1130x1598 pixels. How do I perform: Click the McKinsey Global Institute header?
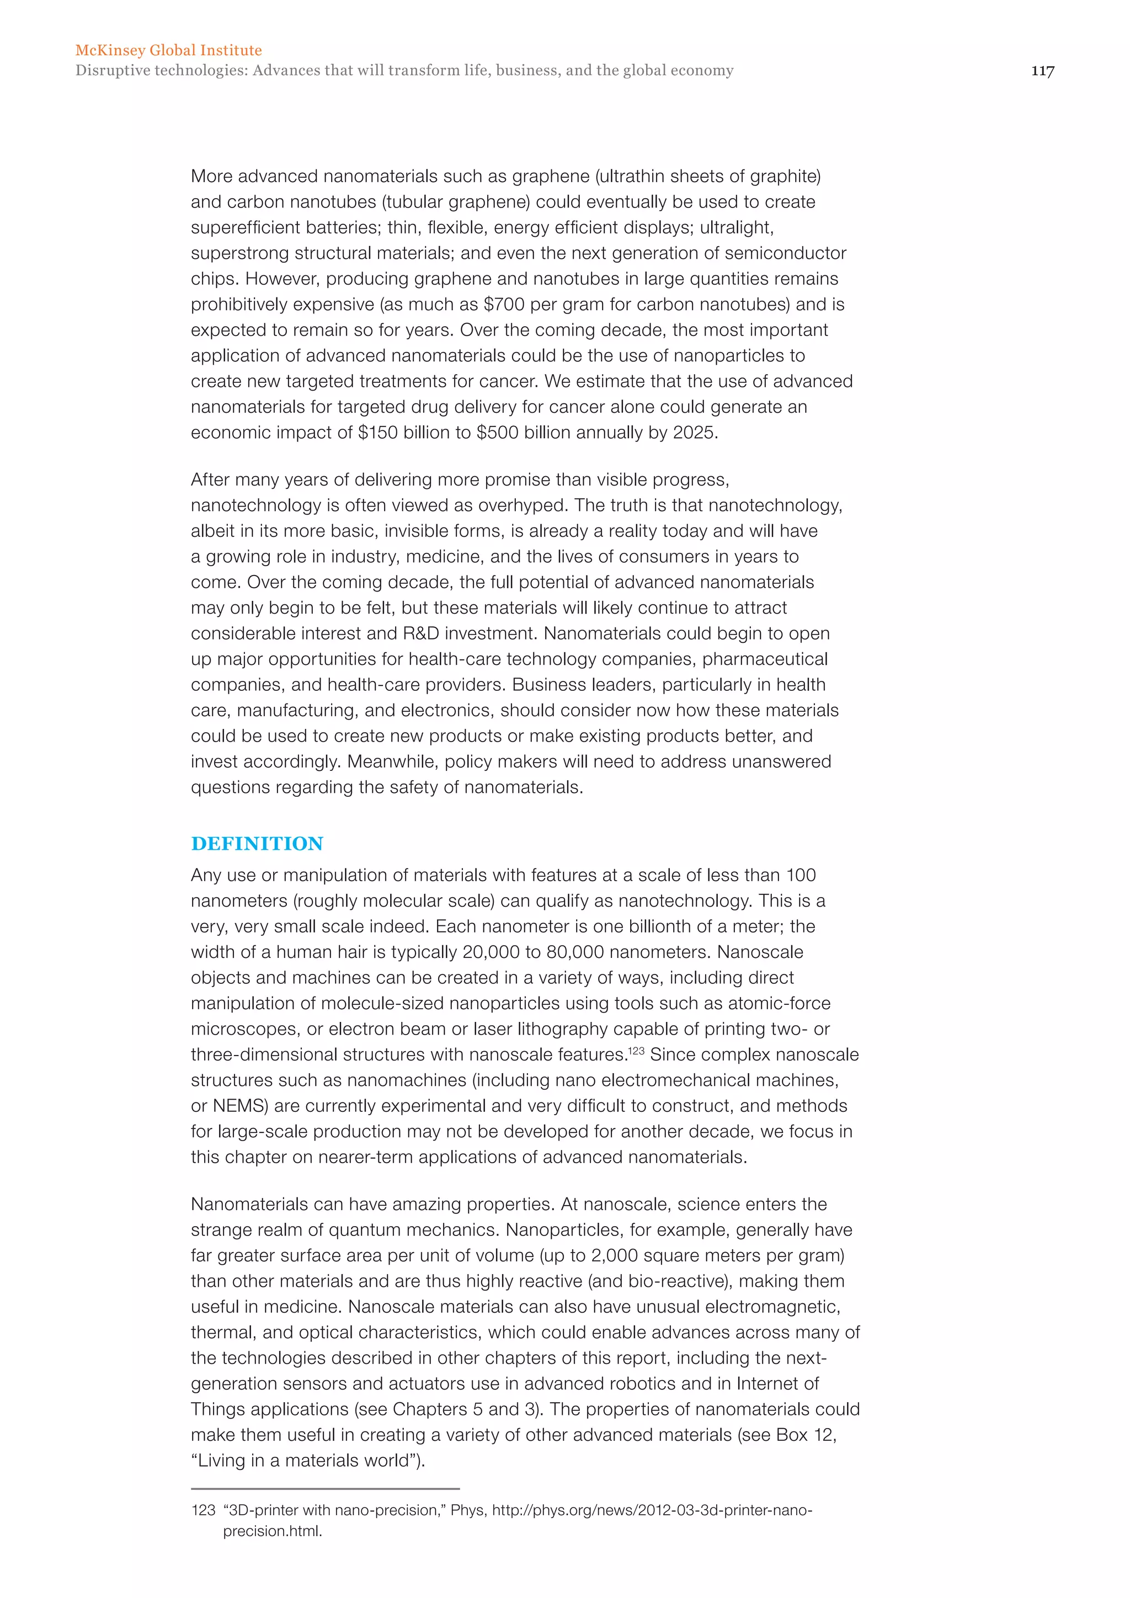(x=168, y=50)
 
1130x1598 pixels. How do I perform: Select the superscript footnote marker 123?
(x=636, y=1050)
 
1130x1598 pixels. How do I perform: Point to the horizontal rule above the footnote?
(x=325, y=1489)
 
